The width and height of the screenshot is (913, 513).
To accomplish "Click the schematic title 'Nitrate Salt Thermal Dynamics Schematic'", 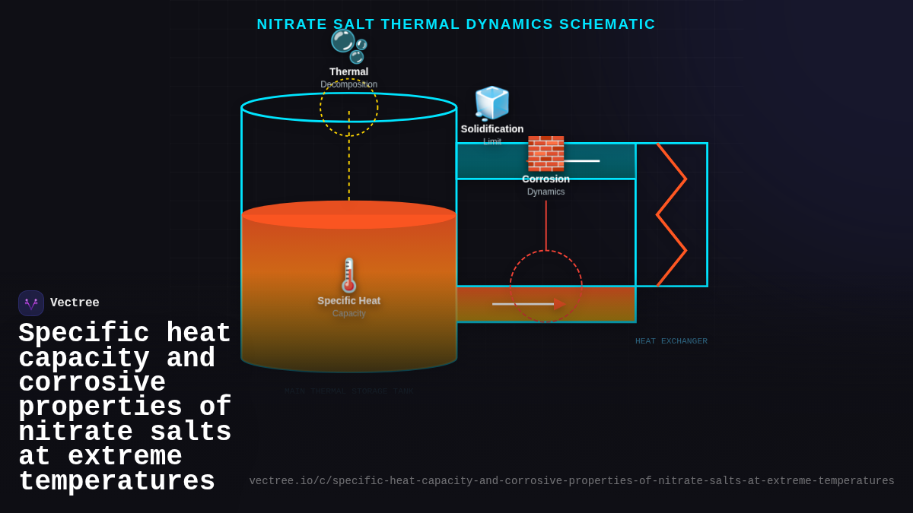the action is pyautogui.click(x=456, y=24).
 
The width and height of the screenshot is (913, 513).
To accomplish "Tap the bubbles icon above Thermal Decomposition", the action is pyautogui.click(x=348, y=45).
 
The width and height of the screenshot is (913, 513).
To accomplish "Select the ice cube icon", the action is pyautogui.click(x=491, y=103).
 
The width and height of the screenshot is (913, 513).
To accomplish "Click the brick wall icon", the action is pyautogui.click(x=546, y=153).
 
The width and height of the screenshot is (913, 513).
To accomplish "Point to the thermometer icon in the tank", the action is pyautogui.click(x=348, y=275).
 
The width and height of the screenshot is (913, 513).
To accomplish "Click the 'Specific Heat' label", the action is pyautogui.click(x=348, y=301).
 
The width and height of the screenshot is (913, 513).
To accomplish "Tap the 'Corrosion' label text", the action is pyautogui.click(x=546, y=179).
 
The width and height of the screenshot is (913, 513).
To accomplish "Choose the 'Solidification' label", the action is pyautogui.click(x=491, y=129).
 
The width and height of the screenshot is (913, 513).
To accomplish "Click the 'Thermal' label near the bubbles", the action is pyautogui.click(x=348, y=72).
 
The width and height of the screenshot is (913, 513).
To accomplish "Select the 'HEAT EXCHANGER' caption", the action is pyautogui.click(x=671, y=341).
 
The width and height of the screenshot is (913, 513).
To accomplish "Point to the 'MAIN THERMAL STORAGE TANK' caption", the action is pyautogui.click(x=348, y=391).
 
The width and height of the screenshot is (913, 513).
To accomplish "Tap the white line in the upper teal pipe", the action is pyautogui.click(x=582, y=161).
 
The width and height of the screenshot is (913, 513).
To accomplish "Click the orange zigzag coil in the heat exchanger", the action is pyautogui.click(x=671, y=214).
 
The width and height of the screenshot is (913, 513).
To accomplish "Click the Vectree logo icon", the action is pyautogui.click(x=31, y=303).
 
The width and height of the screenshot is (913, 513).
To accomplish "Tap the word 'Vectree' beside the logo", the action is pyautogui.click(x=75, y=303).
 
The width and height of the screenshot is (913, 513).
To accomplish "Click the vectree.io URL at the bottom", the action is pyautogui.click(x=571, y=481).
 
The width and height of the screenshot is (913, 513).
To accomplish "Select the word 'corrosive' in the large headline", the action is pyautogui.click(x=92, y=383).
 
